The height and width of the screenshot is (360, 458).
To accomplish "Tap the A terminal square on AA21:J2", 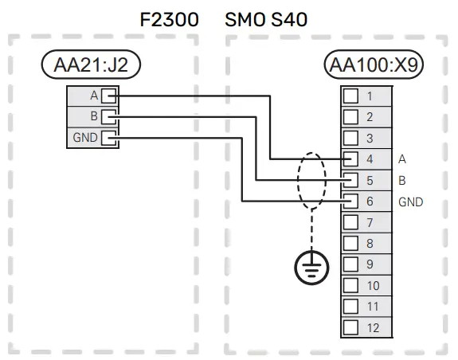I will (x=108, y=96).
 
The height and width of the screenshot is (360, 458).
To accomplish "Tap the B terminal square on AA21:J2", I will (x=108, y=117).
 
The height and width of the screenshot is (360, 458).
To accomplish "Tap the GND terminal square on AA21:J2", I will (x=108, y=139).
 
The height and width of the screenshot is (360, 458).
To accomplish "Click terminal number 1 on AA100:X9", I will (x=370, y=96).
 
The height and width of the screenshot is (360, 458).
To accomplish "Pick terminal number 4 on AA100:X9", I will (x=370, y=159).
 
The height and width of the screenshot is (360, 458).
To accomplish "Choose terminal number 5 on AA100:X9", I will (x=370, y=180).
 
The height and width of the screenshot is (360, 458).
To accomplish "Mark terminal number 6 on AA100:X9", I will (x=370, y=202).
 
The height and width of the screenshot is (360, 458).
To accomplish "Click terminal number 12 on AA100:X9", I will (x=372, y=327).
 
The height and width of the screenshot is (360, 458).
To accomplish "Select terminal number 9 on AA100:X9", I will (x=370, y=264).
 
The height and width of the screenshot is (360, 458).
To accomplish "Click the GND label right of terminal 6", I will (x=410, y=202).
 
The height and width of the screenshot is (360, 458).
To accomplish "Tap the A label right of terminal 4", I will (x=402, y=159).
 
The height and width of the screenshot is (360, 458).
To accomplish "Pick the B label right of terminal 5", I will (x=402, y=180).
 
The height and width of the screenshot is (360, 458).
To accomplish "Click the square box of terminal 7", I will (x=350, y=222).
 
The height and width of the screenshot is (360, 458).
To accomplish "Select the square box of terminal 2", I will (x=350, y=117).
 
